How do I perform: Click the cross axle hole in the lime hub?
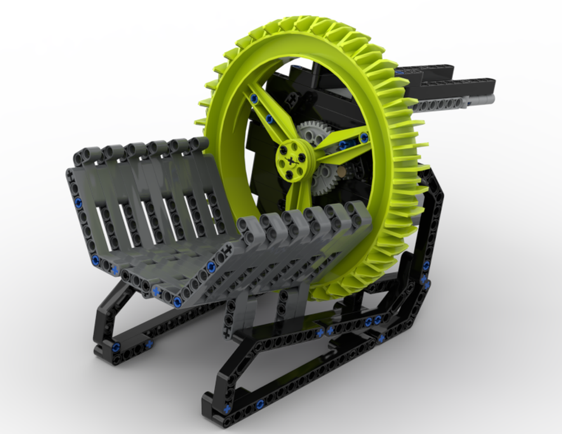pos(291,161)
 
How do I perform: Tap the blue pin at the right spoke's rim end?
pos(364,137)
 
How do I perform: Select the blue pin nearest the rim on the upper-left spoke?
pos(254,99)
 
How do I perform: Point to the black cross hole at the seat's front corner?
pos(227,250)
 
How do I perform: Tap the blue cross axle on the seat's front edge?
pos(156,292)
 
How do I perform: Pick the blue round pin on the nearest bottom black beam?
pos(260,404)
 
